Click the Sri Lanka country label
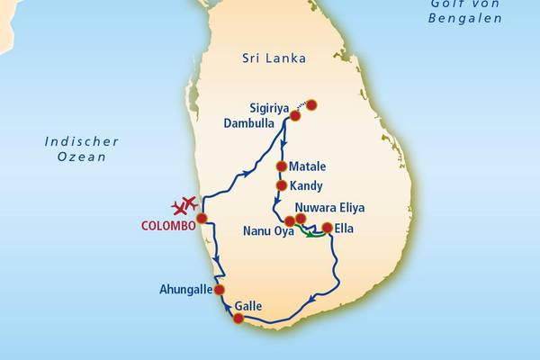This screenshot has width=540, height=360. (274, 58)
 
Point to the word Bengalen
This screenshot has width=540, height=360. (465, 18)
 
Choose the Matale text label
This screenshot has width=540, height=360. (309, 167)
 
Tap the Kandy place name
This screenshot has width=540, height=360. (307, 185)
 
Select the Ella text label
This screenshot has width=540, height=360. (344, 229)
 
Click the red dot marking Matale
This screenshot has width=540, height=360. (281, 166)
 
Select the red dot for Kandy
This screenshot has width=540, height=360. (281, 185)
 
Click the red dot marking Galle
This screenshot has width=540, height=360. (238, 319)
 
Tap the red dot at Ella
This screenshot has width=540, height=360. (327, 228)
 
